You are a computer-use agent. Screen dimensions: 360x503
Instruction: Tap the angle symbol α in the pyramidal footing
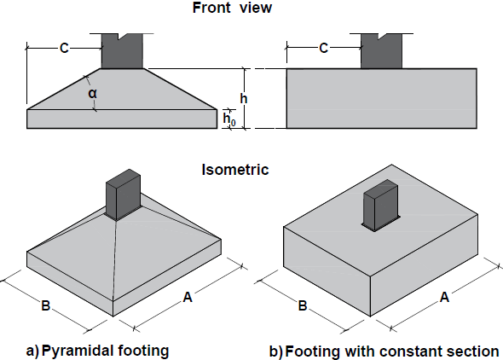90,93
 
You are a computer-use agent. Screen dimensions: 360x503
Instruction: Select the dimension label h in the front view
244,98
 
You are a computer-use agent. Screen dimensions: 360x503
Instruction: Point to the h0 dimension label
228,120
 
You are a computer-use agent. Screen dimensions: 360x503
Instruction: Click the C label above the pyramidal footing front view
64,49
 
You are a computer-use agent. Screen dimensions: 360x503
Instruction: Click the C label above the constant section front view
324,49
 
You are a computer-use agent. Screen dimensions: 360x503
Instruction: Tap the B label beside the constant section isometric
302,305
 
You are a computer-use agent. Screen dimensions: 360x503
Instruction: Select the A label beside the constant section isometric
445,299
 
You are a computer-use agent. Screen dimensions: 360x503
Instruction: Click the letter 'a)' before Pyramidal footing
32,351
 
